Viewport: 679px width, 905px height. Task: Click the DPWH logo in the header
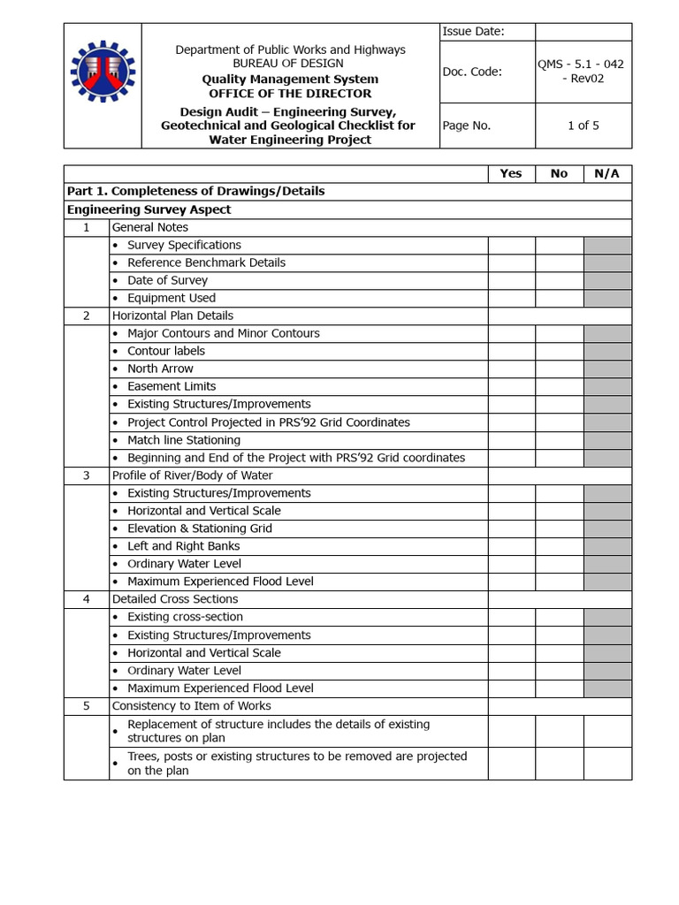tap(103, 85)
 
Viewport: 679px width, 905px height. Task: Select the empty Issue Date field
tap(584, 32)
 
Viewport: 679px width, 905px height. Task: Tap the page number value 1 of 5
tap(584, 125)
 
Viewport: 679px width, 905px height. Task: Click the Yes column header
tap(511, 174)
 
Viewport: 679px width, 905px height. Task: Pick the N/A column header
tap(607, 174)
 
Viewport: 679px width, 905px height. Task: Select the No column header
tap(559, 174)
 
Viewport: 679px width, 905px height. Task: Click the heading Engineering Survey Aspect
tap(149, 209)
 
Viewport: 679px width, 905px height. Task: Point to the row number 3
tap(87, 475)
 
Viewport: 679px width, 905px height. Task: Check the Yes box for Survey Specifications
tap(511, 245)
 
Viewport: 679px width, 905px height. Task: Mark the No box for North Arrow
tap(559, 369)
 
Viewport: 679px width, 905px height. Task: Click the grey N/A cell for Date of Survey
tap(607, 280)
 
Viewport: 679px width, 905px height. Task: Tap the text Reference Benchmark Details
tap(206, 262)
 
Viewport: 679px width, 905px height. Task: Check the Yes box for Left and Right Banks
tap(511, 546)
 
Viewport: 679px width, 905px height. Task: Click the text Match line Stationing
tap(184, 440)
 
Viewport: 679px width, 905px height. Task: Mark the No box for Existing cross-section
tap(559, 617)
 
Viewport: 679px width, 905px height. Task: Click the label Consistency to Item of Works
tap(191, 706)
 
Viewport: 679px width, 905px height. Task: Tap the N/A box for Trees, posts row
tap(607, 764)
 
